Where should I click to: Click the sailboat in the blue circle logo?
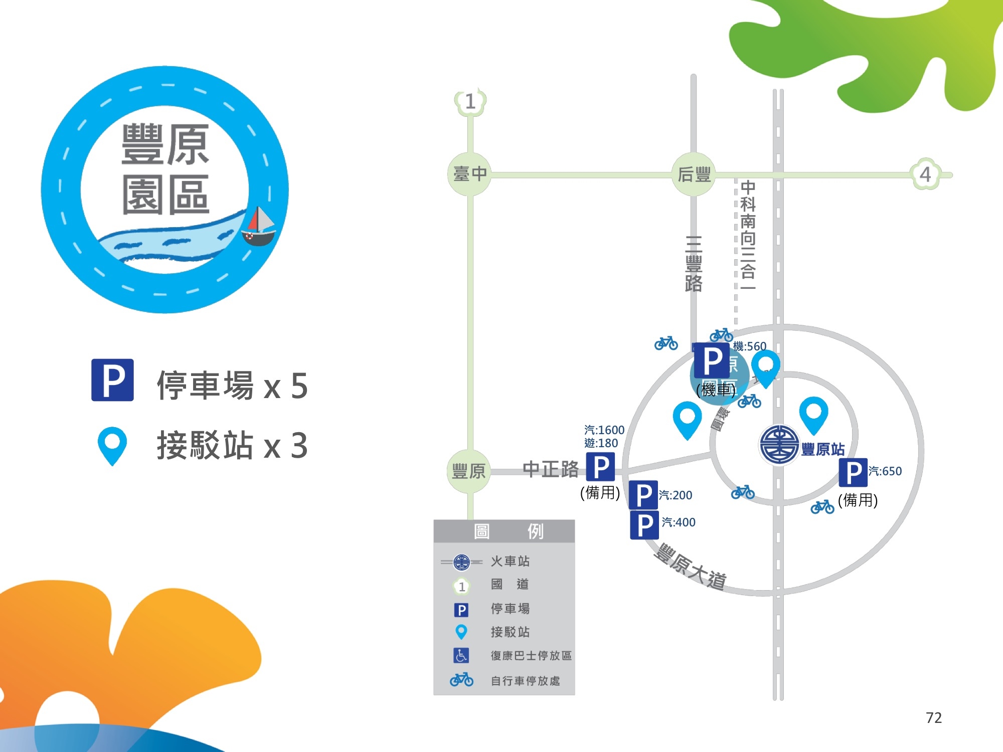(259, 227)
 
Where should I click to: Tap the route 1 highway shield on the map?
(470, 102)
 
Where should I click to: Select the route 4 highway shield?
(925, 174)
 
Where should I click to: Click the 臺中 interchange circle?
(469, 174)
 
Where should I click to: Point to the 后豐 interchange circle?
(694, 174)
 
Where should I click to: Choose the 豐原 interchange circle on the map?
(468, 471)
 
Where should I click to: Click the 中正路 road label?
(550, 469)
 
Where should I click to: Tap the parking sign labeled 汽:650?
(853, 472)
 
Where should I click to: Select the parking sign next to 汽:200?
(643, 495)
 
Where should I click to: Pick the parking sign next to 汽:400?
(644, 525)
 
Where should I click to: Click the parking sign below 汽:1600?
(600, 467)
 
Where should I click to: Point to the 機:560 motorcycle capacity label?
(749, 346)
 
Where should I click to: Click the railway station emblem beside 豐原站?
(779, 444)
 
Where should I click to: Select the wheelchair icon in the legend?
(461, 655)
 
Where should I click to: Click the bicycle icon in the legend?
(461, 680)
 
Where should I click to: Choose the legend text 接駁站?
(510, 632)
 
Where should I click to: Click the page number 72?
(933, 717)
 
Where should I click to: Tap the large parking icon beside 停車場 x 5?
(112, 380)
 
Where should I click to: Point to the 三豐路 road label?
(694, 264)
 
